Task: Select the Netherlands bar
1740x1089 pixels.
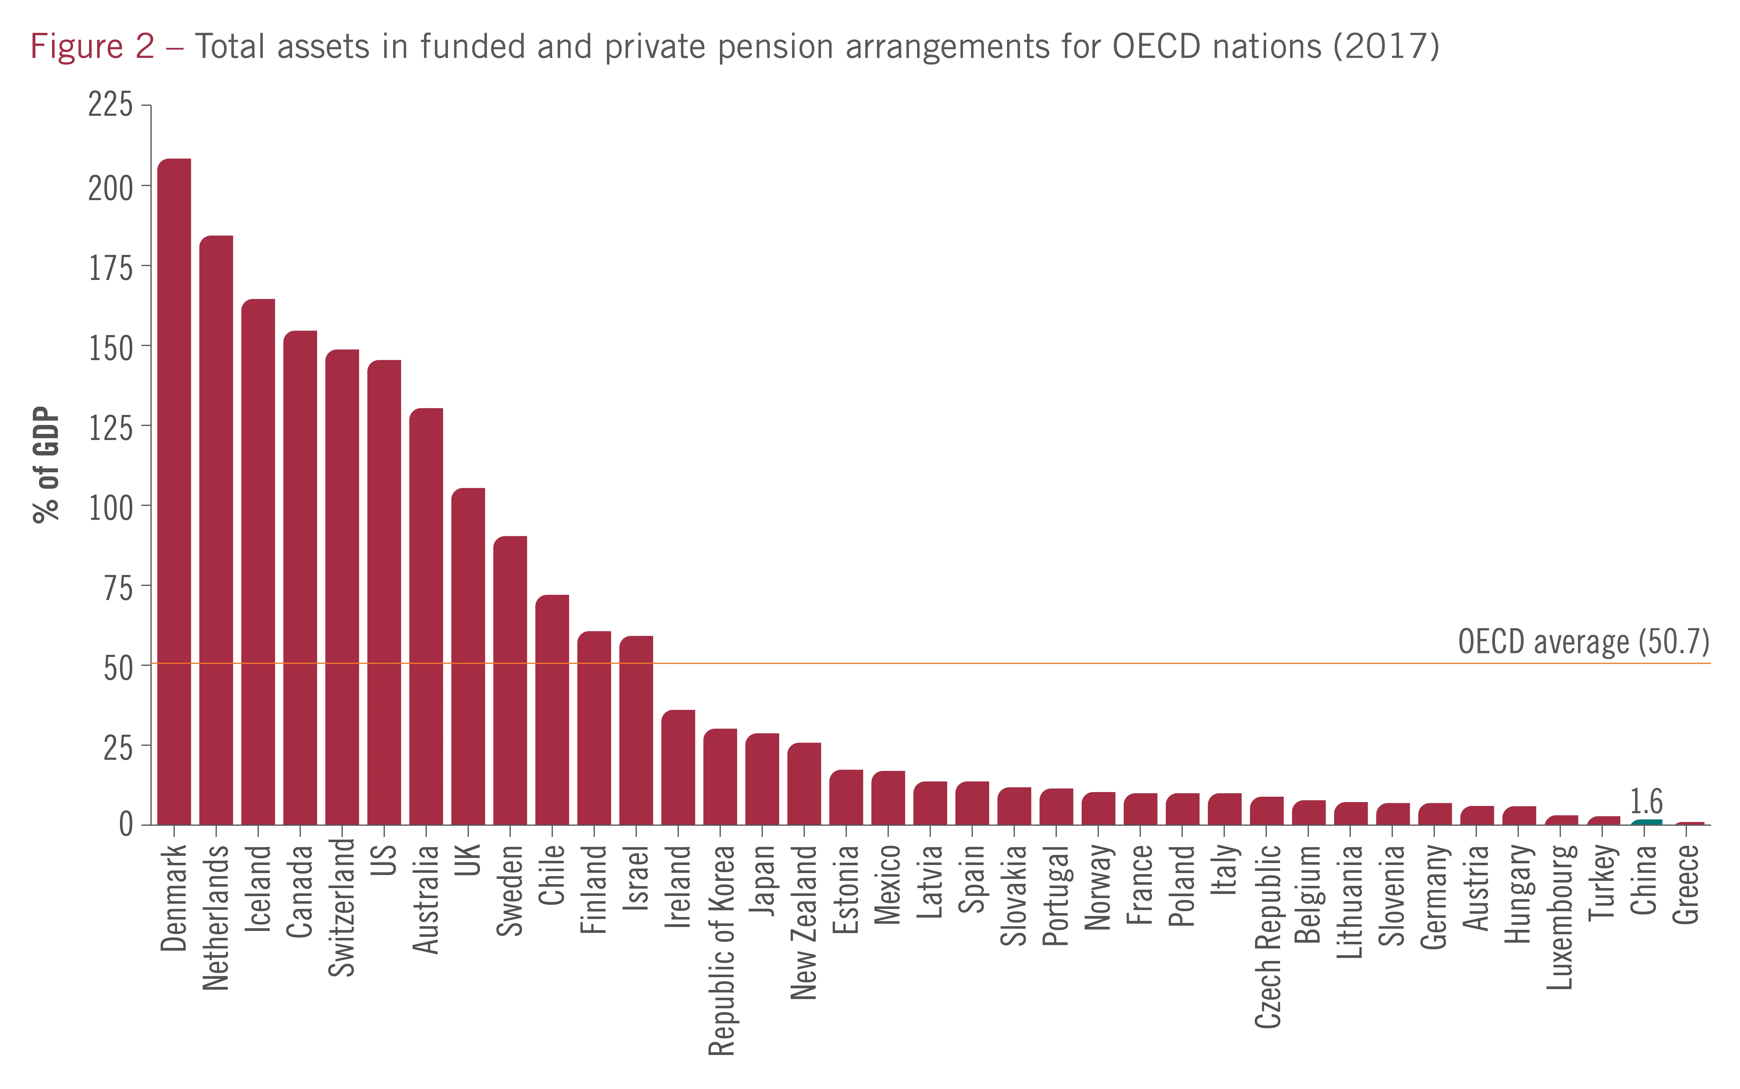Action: [216, 529]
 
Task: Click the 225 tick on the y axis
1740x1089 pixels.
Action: [110, 105]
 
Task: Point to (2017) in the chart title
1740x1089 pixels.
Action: [1386, 47]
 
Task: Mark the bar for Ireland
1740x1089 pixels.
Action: [678, 767]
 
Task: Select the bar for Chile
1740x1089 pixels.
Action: [552, 709]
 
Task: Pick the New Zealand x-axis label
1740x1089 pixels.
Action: [804, 922]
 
